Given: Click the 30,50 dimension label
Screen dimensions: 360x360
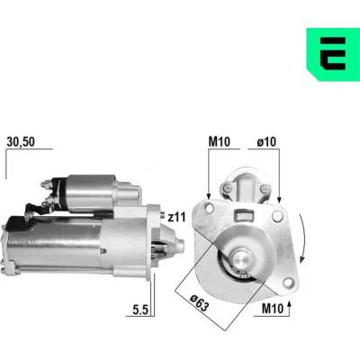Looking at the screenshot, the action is point(21,142).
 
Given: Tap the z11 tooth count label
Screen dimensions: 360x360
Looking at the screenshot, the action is point(176,217).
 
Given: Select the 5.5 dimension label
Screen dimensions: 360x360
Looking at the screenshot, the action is point(140,310).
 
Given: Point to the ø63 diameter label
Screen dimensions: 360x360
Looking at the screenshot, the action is point(200,303).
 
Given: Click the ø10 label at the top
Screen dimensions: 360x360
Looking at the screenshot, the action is point(266,142).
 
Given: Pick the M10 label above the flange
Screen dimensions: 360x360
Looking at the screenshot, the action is point(220,142).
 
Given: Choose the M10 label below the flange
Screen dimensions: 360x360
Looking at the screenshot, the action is point(273,309).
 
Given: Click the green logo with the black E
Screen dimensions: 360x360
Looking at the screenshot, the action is point(333,54).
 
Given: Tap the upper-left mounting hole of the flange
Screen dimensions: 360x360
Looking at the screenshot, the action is point(208,207).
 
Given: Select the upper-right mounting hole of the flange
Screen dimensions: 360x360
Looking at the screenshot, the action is point(277,215).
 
